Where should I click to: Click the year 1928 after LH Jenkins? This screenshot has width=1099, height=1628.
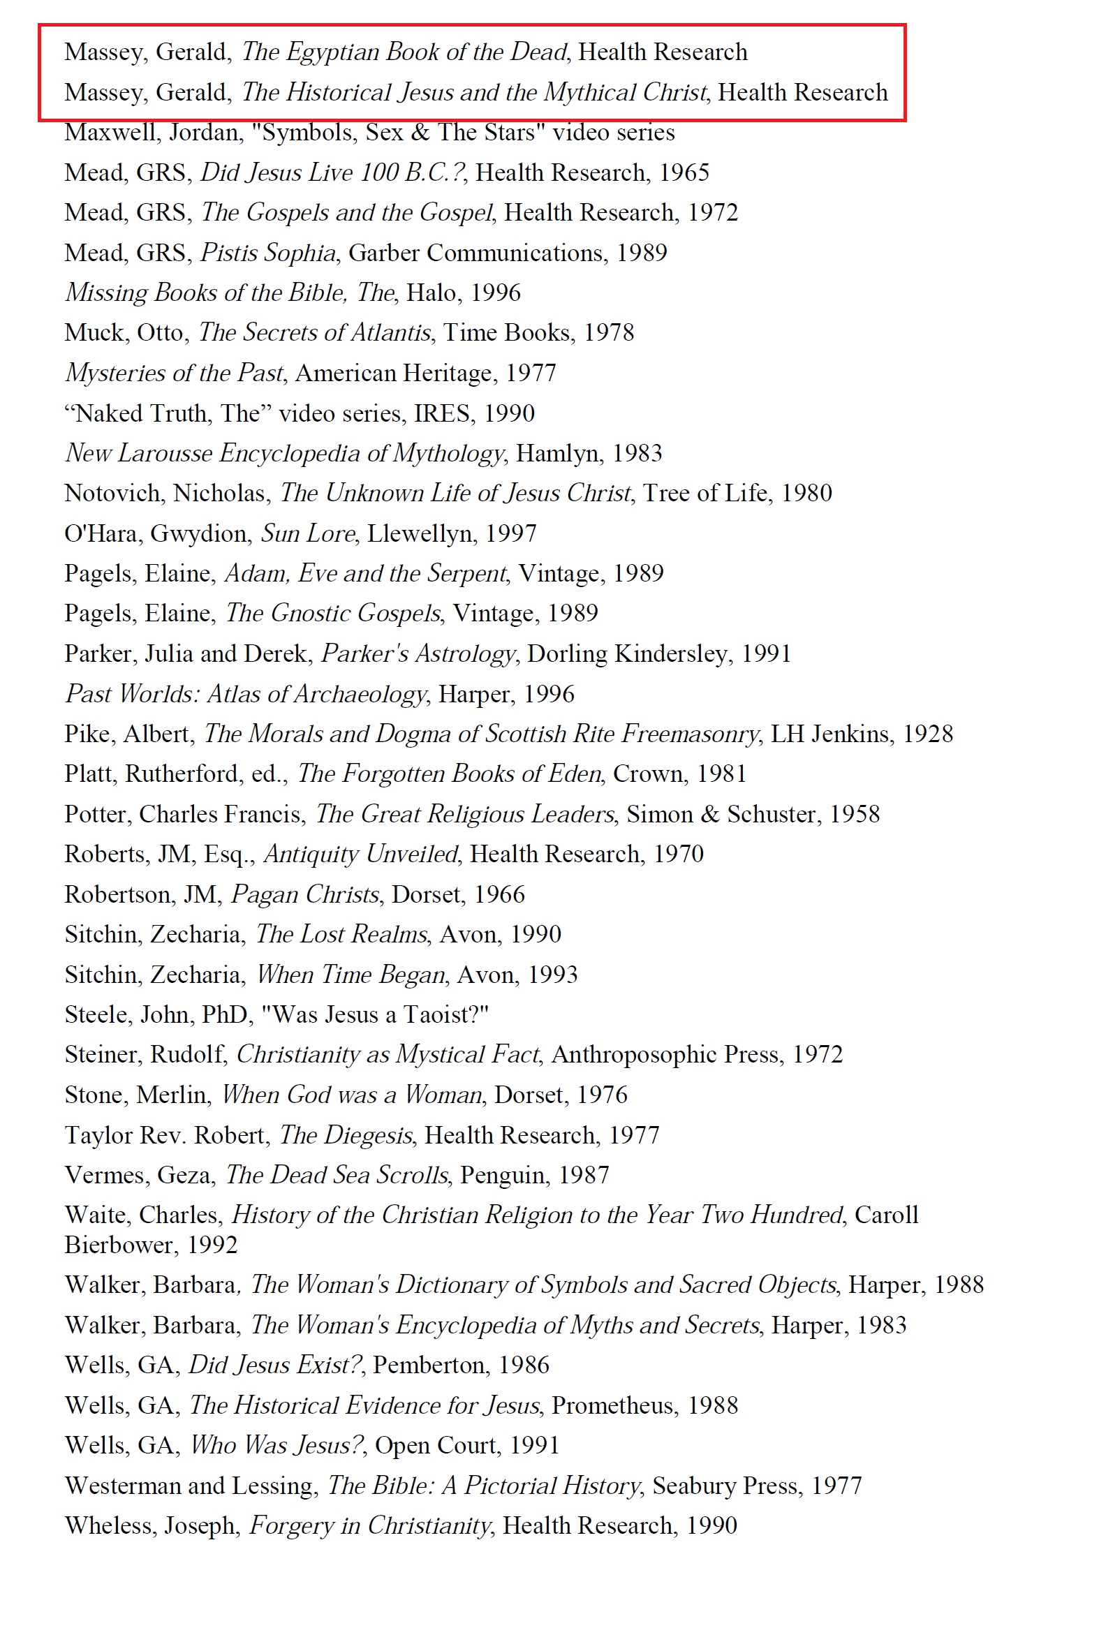tap(927, 734)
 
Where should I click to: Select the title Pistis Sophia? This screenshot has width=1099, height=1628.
tap(268, 253)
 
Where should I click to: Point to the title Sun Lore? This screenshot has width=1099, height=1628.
tap(308, 534)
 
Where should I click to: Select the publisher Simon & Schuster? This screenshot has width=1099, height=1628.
tap(720, 814)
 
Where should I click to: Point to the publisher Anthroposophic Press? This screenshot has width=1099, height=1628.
tap(665, 1054)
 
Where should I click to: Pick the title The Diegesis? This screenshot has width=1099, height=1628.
tap(346, 1135)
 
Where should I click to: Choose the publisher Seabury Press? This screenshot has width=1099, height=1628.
tap(725, 1485)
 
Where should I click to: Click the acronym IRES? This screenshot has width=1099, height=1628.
tap(441, 413)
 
